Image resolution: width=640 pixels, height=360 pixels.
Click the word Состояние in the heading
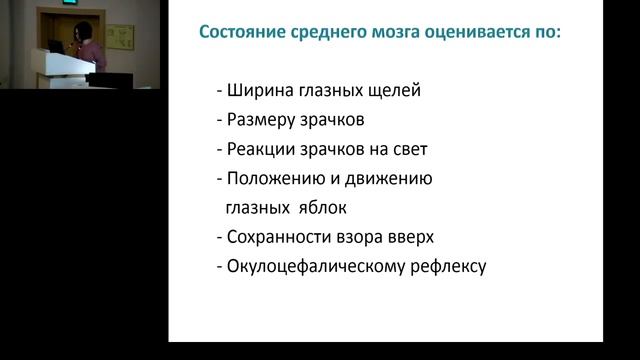(243, 32)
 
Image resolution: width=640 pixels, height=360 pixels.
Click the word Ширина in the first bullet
(256, 91)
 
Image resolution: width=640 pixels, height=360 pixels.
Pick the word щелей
(396, 91)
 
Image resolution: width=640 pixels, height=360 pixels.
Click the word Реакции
(261, 150)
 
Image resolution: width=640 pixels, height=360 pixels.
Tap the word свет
(406, 150)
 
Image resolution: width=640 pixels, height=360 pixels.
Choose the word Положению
(276, 179)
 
